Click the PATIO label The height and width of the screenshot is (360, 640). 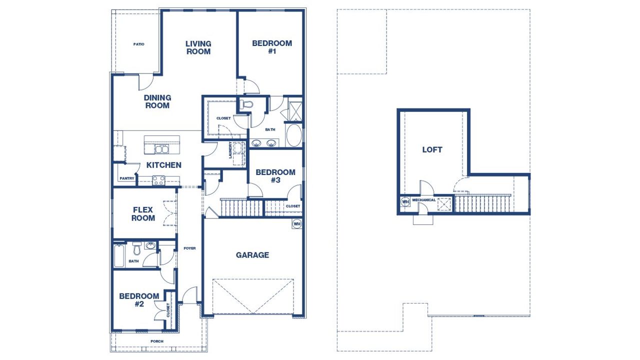(138, 44)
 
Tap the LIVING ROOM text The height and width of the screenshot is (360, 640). (198, 47)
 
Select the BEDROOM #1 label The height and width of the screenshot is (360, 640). (272, 47)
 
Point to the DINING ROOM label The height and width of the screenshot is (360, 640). (157, 101)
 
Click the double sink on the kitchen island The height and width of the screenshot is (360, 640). (161, 149)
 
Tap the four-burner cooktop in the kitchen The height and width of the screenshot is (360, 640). (158, 180)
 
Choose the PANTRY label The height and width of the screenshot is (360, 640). (126, 178)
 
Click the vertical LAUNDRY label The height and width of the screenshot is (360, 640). (230, 151)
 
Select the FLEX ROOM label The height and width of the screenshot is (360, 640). (143, 214)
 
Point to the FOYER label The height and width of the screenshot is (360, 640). (189, 248)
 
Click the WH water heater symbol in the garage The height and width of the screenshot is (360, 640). (297, 223)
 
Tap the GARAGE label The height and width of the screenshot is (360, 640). (252, 255)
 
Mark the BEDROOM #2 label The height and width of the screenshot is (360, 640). (139, 299)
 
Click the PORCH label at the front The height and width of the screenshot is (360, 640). (157, 341)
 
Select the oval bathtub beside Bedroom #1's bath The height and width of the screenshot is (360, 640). (293, 135)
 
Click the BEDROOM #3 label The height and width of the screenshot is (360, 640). (275, 176)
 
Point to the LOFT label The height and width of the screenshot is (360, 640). (432, 149)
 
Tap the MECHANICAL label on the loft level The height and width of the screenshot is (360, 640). (423, 200)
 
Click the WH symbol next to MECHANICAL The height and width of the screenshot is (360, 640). (405, 202)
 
